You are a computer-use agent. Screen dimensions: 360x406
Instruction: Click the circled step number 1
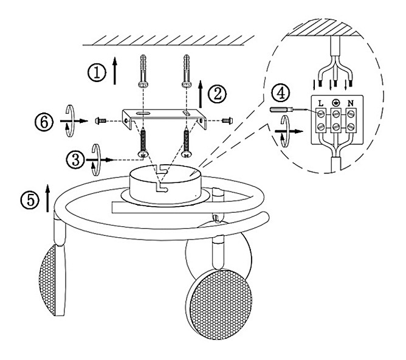[95, 72]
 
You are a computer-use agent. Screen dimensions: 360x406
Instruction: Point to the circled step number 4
[279, 93]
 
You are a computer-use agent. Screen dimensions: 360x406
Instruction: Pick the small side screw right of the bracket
[228, 120]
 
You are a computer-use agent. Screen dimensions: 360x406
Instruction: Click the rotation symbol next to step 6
[69, 119]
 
